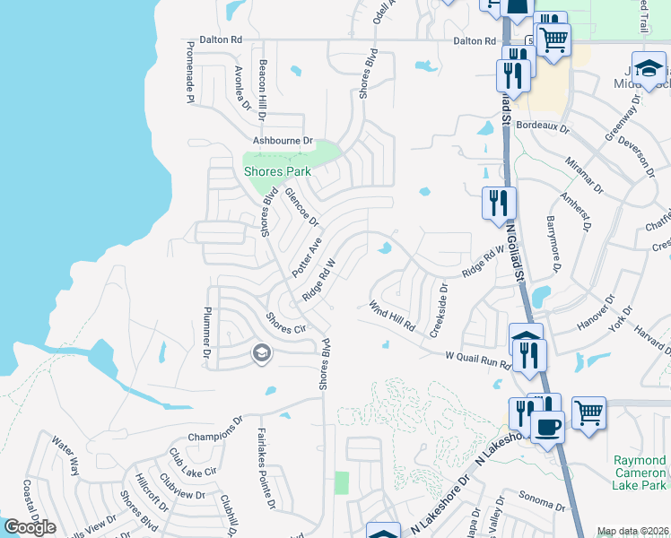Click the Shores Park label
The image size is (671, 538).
coord(277,171)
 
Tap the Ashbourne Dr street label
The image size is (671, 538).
coord(282,141)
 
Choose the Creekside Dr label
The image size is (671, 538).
coord(440,310)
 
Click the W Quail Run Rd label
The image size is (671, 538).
coord(478,360)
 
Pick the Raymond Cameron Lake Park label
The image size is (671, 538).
coord(640,473)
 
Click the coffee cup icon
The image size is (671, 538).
coord(546,427)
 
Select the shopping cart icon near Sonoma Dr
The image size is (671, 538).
coord(588,413)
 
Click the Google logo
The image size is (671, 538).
coord(30,526)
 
